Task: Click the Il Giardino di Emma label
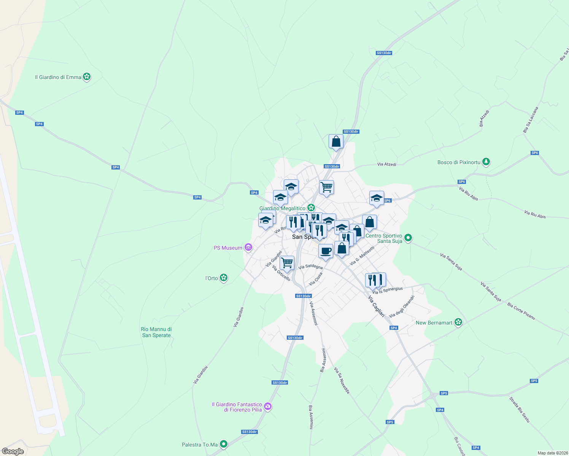point(58,77)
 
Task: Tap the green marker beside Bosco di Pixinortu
point(486,162)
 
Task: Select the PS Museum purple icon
point(248,248)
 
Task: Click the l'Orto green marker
point(224,278)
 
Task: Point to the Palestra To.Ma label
point(200,445)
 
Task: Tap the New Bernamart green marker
point(458,323)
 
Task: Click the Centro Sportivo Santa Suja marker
point(408,238)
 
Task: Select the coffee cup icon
point(326,251)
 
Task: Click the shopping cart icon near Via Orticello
point(287,263)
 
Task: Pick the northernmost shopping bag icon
point(336,141)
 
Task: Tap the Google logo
point(13,451)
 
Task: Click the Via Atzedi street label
point(386,165)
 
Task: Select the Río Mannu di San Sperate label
point(156,332)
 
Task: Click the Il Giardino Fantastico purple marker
point(268,407)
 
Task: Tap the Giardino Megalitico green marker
point(311,208)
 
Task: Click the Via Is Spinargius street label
point(387,291)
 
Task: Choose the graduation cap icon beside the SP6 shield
point(377,198)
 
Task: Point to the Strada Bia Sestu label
point(519,410)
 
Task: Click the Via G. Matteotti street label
point(362,255)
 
